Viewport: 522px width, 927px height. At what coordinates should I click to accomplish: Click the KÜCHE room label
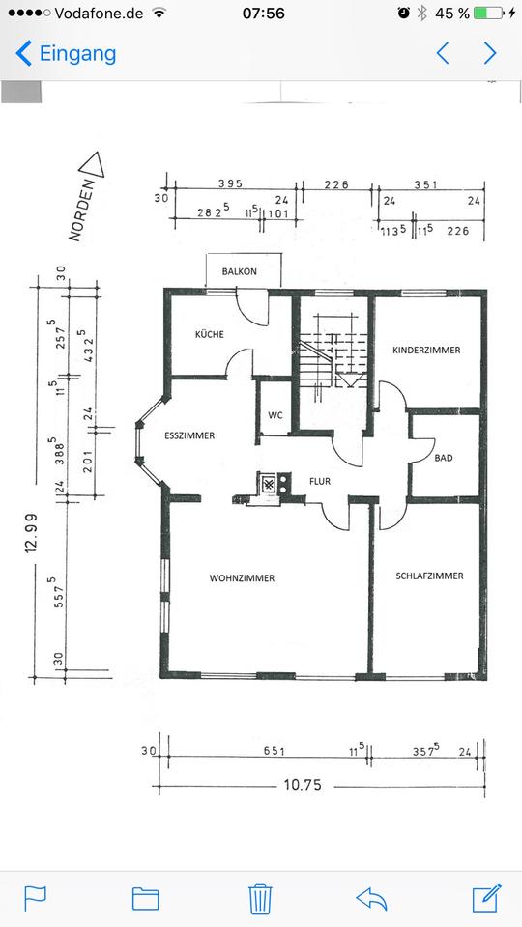210,335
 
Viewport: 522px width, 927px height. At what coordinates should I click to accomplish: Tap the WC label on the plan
275,415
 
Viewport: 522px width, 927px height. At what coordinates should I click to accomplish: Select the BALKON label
239,272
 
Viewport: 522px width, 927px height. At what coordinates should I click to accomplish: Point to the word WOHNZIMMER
242,578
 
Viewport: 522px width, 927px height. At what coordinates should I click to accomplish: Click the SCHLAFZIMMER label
429,576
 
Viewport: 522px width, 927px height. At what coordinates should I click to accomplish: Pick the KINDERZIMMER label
426,350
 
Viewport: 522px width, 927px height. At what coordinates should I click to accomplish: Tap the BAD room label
444,458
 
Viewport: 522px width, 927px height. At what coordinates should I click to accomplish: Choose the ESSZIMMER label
189,435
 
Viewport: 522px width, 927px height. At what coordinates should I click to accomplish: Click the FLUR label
320,481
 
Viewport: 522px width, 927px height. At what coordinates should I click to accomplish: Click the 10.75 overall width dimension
303,785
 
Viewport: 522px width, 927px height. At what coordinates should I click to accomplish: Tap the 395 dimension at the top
230,183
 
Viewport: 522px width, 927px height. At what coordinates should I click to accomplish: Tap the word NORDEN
81,211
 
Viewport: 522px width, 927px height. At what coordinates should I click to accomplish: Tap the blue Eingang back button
66,54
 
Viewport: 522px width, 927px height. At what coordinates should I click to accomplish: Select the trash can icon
260,899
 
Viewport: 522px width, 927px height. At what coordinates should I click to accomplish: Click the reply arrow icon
371,900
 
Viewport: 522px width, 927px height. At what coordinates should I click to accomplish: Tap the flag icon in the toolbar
35,899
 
